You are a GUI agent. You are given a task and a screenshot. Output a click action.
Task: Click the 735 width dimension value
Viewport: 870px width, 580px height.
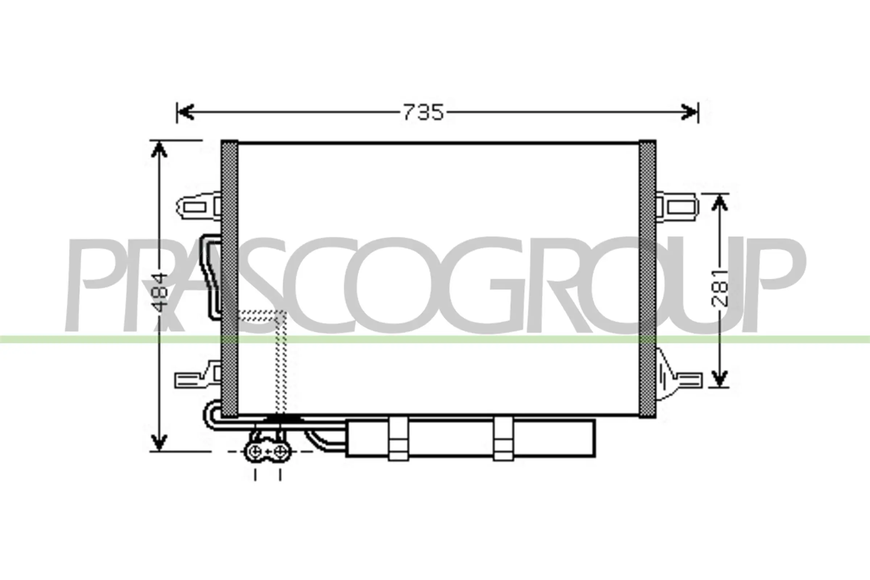pos(423,112)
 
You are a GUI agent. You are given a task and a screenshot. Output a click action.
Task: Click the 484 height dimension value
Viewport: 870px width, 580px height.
pos(161,292)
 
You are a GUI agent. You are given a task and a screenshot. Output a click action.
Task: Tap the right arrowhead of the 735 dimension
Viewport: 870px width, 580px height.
pos(688,112)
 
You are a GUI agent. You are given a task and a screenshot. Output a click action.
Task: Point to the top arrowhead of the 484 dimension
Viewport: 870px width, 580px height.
pos(159,149)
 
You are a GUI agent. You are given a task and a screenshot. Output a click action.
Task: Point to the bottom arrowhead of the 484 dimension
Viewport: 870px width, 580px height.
pos(159,442)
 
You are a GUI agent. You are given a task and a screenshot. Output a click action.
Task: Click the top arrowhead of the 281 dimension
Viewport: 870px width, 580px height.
pos(720,203)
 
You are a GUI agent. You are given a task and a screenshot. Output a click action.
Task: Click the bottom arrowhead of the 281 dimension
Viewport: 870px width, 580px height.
pos(720,378)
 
